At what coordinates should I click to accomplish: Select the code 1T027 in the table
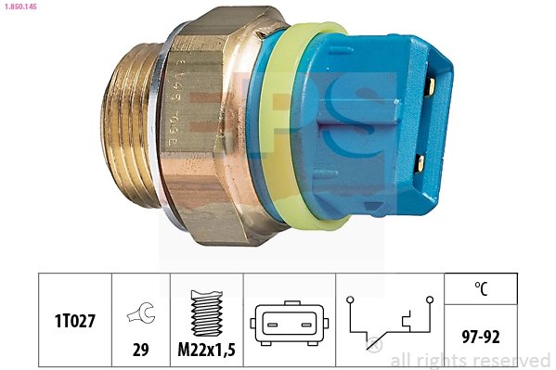(74, 320)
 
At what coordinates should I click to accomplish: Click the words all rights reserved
(471, 360)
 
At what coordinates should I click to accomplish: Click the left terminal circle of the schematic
(350, 299)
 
